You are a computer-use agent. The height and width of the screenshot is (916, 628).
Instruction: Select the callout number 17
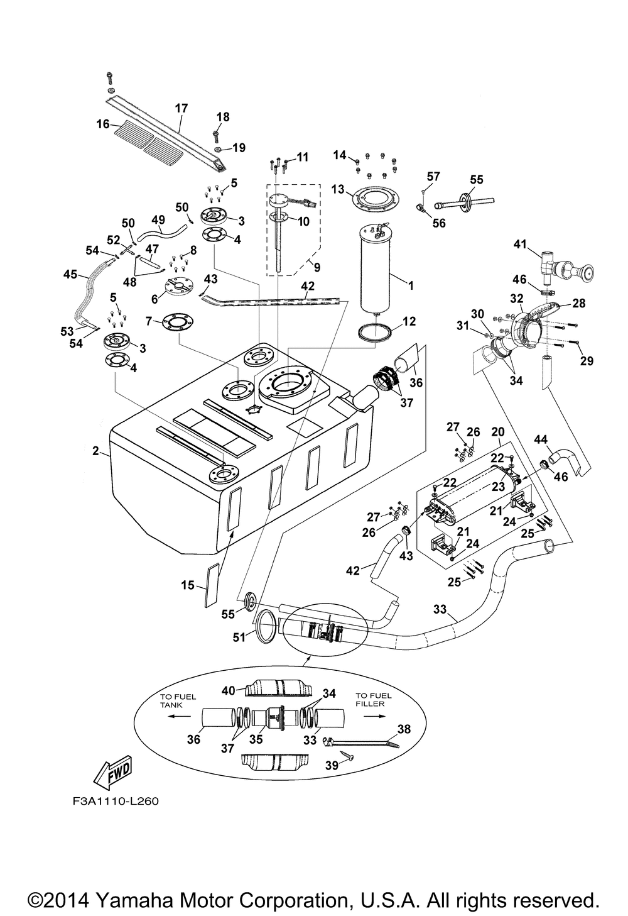[181, 109]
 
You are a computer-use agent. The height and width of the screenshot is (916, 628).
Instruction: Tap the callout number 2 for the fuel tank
[96, 450]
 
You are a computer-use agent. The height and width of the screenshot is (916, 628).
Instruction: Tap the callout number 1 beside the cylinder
[411, 285]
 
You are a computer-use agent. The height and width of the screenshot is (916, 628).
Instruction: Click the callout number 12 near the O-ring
[409, 322]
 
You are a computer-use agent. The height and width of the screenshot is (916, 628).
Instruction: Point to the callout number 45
[71, 274]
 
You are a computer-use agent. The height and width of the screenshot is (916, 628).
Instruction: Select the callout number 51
[239, 637]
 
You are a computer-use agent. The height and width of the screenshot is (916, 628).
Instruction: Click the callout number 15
[188, 585]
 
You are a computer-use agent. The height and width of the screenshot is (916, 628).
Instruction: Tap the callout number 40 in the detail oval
[229, 691]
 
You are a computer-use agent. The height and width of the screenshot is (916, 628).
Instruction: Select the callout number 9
[317, 267]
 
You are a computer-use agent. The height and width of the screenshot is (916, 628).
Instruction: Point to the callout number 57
[433, 176]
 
